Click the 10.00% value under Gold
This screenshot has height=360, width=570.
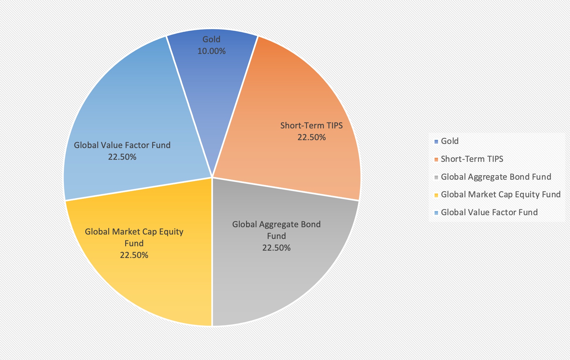tap(211, 51)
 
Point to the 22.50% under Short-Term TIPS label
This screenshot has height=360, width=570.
tap(311, 137)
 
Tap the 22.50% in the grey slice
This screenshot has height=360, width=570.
tap(276, 248)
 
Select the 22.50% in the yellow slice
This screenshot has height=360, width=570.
tap(134, 255)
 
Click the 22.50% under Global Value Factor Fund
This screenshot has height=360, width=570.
tap(122, 157)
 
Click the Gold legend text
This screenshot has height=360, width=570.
tap(449, 141)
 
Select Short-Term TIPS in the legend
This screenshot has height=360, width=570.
tap(472, 159)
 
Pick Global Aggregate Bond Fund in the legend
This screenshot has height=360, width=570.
tap(496, 177)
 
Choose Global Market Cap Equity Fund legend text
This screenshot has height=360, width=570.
tap(501, 195)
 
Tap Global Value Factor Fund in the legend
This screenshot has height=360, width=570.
tap(489, 213)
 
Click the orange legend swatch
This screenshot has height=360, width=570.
tap(436, 159)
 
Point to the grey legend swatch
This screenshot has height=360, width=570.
tap(436, 177)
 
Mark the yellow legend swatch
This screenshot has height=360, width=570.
tap(436, 195)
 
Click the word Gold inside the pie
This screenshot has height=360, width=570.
tap(211, 39)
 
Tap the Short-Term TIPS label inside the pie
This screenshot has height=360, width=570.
tap(311, 126)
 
